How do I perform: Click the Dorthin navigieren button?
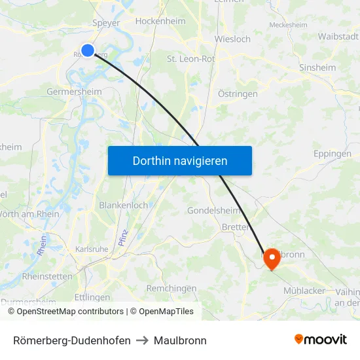click(x=180, y=160)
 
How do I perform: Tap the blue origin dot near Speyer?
click(x=88, y=50)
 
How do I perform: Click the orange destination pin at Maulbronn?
click(x=271, y=259)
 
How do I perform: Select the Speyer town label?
click(x=107, y=23)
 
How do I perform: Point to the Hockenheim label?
click(x=160, y=21)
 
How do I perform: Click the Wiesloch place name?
click(x=232, y=39)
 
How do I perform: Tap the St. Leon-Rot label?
click(x=190, y=59)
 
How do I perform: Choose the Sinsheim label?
click(x=317, y=67)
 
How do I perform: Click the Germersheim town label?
click(x=74, y=92)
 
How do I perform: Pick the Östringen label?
click(x=237, y=94)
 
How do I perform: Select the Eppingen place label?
click(x=332, y=154)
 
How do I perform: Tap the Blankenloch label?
click(x=123, y=205)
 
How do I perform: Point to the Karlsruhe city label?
click(x=92, y=249)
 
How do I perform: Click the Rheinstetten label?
click(x=47, y=276)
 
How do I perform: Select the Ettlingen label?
click(x=92, y=297)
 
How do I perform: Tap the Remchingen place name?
click(x=171, y=288)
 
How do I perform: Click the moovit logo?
click(x=320, y=340)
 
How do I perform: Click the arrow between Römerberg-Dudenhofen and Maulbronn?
click(x=142, y=340)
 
